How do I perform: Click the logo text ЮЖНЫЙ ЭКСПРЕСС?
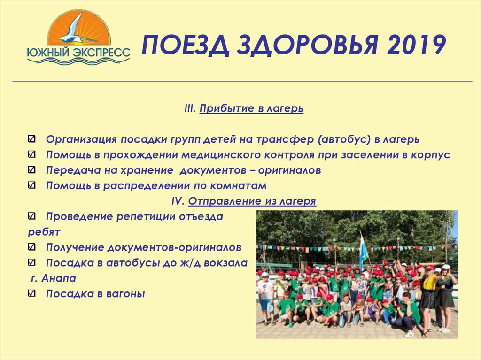tap(78, 52)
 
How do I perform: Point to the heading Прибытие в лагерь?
tap(251, 109)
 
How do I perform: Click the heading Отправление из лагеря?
tap(252, 201)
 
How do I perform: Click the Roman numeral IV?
tap(177, 201)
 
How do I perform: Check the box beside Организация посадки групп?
tap(31, 139)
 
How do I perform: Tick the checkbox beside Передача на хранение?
tap(31, 170)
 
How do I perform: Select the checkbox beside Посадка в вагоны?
tap(31, 294)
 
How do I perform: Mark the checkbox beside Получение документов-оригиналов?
tap(31, 247)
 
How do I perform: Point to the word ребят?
tap(44, 232)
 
